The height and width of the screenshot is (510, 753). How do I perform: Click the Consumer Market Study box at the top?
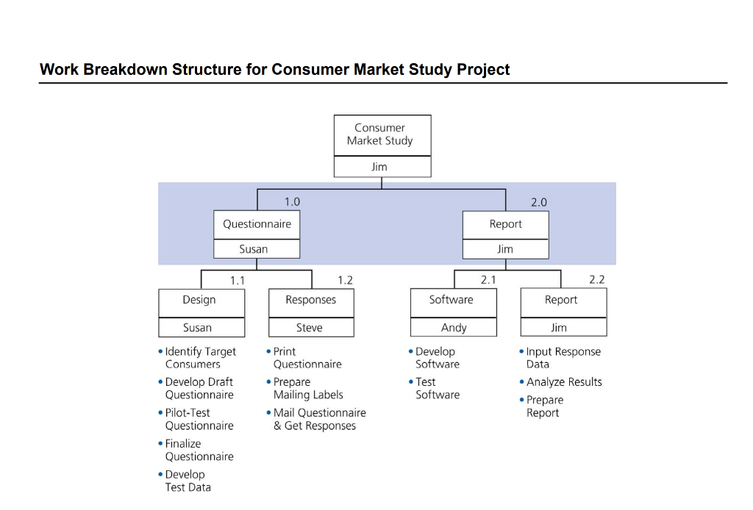(382, 134)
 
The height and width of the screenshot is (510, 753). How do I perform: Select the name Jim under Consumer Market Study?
(379, 167)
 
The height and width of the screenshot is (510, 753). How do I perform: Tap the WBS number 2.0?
(539, 202)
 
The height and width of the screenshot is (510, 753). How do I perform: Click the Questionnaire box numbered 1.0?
(257, 224)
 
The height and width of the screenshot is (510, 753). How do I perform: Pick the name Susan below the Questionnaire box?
(254, 249)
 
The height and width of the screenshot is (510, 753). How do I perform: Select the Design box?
(200, 300)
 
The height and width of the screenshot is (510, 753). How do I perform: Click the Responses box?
(310, 300)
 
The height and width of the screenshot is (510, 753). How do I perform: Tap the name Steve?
(310, 328)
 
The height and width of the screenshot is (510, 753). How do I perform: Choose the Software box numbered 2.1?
(452, 300)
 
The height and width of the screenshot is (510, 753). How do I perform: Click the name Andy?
(454, 328)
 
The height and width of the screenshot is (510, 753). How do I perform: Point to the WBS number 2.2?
(597, 280)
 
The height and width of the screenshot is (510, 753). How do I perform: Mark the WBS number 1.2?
(345, 280)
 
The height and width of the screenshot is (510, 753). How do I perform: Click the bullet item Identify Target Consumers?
(199, 358)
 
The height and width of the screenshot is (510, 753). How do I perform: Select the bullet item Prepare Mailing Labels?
(307, 388)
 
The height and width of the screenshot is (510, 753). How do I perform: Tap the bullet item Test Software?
(436, 388)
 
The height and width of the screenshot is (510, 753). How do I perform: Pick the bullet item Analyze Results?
(563, 382)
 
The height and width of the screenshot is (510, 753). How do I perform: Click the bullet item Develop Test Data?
(187, 481)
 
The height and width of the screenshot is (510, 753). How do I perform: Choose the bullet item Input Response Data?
(563, 358)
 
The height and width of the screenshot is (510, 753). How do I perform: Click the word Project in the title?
(483, 70)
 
